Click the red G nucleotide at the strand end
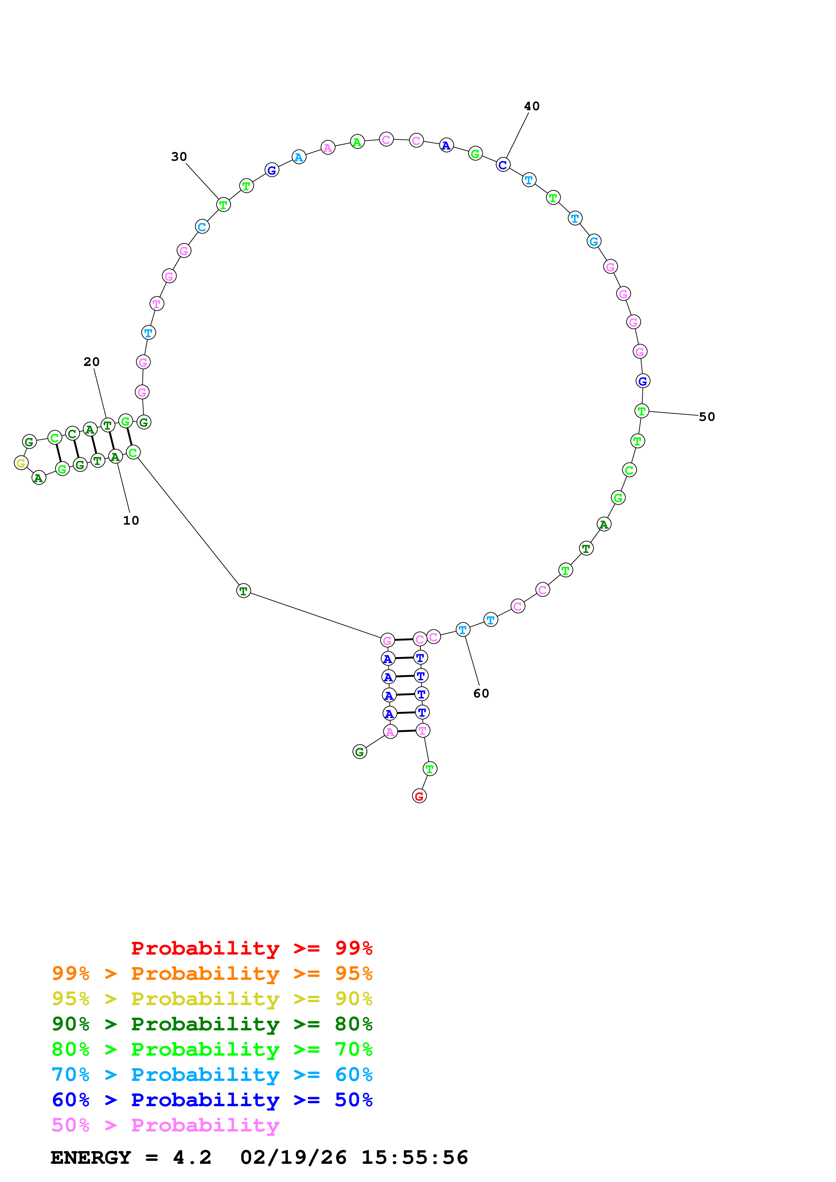coord(419,796)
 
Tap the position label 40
coord(531,106)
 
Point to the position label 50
coord(707,417)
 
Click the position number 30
coord(179,156)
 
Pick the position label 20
coord(92,362)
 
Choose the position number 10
coord(131,521)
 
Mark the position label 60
coord(481,693)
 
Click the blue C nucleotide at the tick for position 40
coord(503,165)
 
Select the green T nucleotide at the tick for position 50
coord(641,411)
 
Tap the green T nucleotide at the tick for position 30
coord(223,205)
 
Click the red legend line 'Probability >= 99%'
coord(251,948)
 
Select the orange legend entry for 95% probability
coord(212,973)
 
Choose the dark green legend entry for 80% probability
coord(212,1024)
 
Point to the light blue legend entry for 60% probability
coord(212,1075)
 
